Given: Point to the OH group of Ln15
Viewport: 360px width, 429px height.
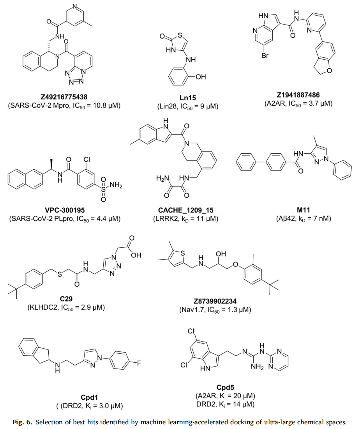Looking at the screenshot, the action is tap(201, 77).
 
